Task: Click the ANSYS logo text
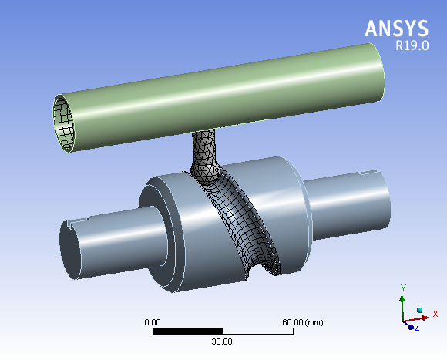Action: tap(396, 29)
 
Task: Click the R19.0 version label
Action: tap(412, 46)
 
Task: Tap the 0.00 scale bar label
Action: tap(153, 321)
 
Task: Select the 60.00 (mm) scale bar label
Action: tap(303, 321)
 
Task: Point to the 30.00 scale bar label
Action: tap(222, 341)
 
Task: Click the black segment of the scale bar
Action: tap(188, 331)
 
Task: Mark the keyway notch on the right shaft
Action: tap(368, 173)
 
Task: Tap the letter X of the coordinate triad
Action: tap(435, 314)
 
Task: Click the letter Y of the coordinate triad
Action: tap(402, 287)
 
